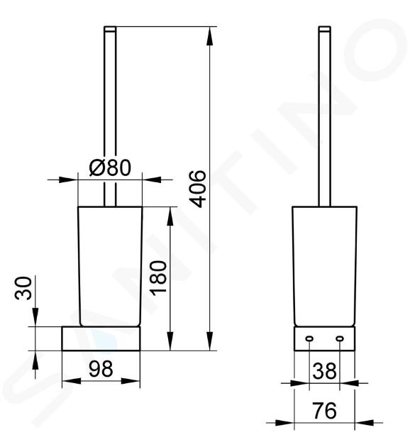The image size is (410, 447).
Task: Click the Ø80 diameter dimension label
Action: pos(110,167)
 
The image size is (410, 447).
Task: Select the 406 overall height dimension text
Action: pos(198,189)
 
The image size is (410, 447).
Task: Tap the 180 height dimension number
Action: pos(159,278)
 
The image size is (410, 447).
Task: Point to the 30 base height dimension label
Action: pos(23,288)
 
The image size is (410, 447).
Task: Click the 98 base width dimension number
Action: pos(101,369)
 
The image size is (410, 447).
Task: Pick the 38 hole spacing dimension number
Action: pos(324,371)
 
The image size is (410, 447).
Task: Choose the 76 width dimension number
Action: pos(324,411)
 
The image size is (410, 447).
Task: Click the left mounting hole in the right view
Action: pos(309,338)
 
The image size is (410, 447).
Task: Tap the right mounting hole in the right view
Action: pos(340,338)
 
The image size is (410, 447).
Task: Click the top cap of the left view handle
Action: pos(110,28)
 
